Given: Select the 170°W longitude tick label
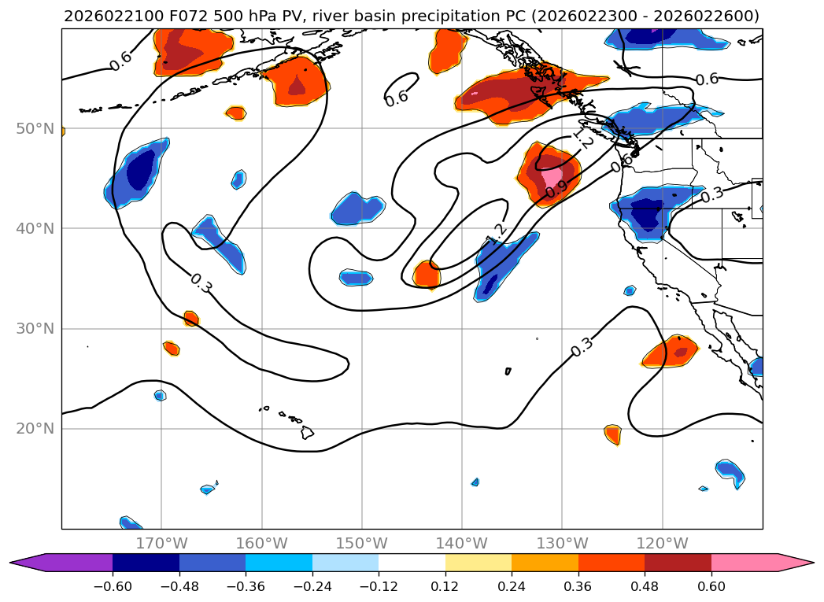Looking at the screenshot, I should (161, 544).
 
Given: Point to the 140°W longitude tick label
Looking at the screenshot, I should (462, 544).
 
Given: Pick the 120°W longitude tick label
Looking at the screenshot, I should (662, 544).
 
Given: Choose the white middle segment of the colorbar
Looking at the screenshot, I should (412, 563).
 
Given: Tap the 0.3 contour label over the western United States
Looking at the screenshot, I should (711, 194).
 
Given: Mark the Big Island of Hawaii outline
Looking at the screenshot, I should (306, 432).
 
